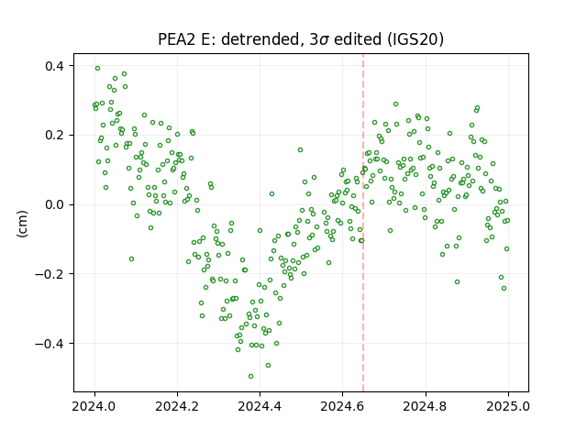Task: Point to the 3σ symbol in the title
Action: coord(319,39)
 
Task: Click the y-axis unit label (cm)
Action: coord(22,224)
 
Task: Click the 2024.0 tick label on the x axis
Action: coord(94,406)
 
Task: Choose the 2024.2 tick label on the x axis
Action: coord(177,406)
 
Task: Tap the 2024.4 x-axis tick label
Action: coord(260,406)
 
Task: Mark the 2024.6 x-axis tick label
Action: coord(342,406)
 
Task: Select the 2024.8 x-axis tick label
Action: coord(425,406)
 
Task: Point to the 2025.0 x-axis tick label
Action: coord(508,406)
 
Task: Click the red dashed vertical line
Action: coord(363,223)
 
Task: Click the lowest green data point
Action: coord(250,376)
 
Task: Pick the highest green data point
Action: coord(98,69)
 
